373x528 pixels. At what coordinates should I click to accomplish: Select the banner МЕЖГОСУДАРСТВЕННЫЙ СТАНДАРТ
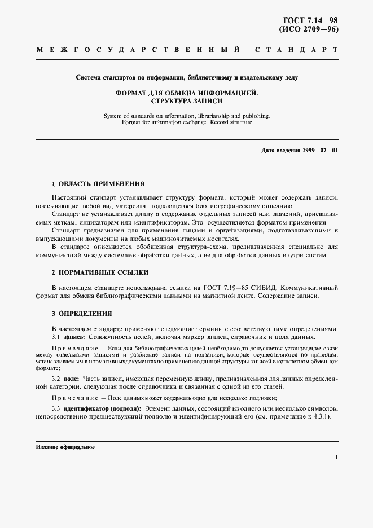click(x=186, y=51)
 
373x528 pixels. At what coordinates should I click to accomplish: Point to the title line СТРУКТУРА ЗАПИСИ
click(x=187, y=102)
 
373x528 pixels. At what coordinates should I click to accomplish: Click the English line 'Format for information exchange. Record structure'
click(x=187, y=122)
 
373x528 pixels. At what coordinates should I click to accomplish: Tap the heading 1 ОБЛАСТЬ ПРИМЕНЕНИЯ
click(x=98, y=184)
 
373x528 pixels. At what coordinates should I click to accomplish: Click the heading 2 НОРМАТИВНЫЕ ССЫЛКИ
click(x=100, y=272)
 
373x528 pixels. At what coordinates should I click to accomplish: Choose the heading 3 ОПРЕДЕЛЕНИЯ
click(x=82, y=313)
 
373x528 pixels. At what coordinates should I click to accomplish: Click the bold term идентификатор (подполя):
click(x=102, y=408)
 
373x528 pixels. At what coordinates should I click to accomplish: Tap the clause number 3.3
click(x=56, y=408)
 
